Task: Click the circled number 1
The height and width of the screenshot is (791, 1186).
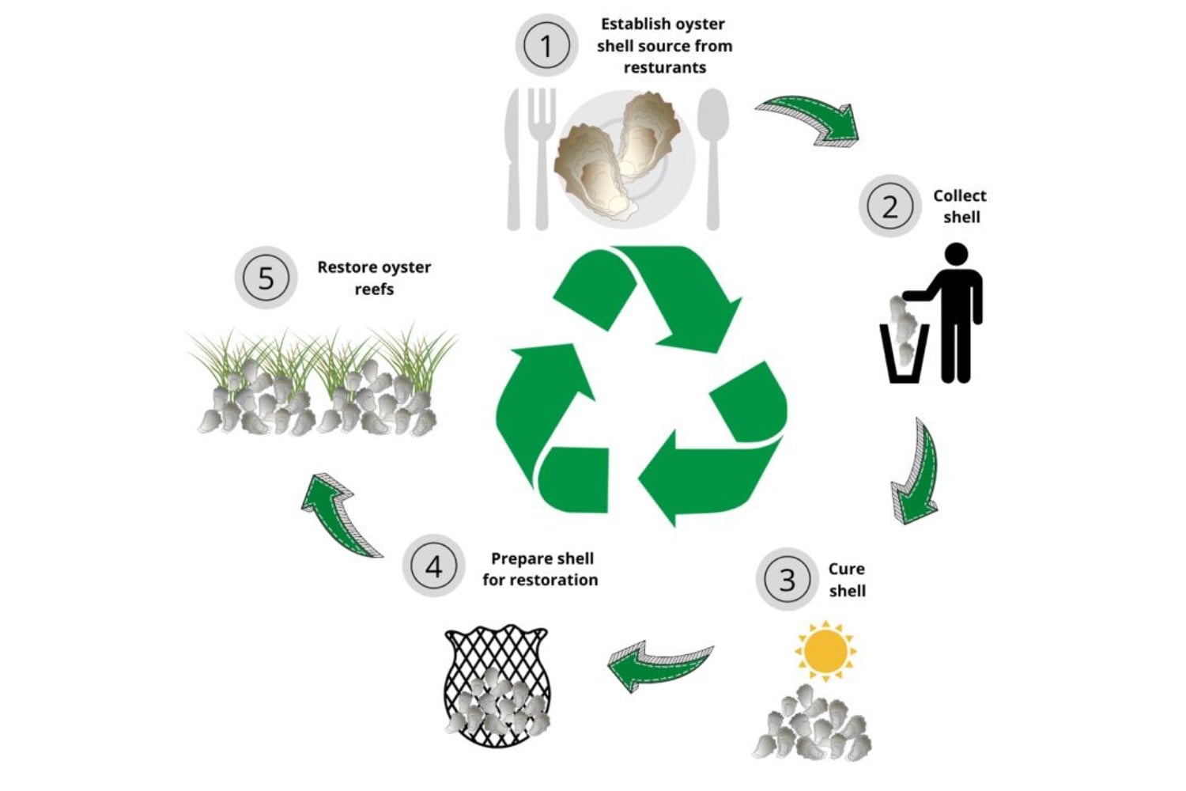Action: click(x=546, y=45)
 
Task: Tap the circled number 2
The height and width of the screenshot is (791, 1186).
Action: click(x=890, y=206)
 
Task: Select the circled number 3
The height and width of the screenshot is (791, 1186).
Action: click(x=787, y=579)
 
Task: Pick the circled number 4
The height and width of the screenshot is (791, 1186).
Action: click(x=433, y=566)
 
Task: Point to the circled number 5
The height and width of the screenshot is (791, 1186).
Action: click(x=266, y=278)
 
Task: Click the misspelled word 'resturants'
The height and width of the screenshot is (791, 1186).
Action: click(x=664, y=68)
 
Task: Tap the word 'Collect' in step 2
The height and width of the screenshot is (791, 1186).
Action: click(x=959, y=196)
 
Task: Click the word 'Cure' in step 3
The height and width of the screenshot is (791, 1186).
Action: click(x=847, y=569)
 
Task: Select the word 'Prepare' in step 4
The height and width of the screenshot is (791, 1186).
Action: click(x=516, y=559)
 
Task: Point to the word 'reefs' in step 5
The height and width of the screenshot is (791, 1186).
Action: click(x=374, y=290)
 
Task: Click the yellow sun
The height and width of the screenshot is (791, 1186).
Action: click(x=825, y=650)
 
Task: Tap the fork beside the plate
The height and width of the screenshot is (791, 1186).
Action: click(x=542, y=158)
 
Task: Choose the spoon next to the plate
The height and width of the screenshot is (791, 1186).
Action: click(x=713, y=158)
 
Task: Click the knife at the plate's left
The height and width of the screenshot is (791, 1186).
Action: click(x=512, y=158)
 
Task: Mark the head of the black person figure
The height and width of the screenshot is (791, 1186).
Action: click(x=956, y=255)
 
